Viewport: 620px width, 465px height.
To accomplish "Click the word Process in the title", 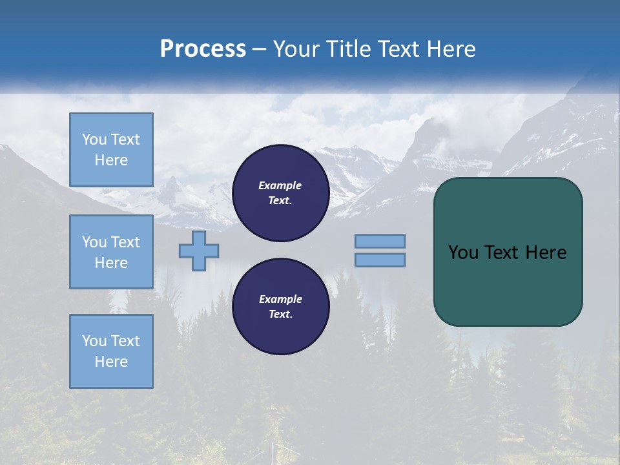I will (203, 49).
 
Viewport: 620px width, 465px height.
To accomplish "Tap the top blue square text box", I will (111, 150).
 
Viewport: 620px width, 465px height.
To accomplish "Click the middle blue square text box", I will (111, 252).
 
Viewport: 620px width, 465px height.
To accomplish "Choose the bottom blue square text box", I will (111, 351).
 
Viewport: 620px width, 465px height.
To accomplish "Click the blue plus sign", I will (199, 251).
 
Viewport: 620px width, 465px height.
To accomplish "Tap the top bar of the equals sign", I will (380, 242).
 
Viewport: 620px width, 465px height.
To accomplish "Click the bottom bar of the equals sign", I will (380, 260).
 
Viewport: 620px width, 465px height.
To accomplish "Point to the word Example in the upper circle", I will (280, 185).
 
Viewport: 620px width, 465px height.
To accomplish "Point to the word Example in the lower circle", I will (280, 299).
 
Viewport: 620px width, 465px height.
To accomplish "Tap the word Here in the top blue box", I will (111, 160).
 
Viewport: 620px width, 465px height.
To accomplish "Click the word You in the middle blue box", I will (93, 242).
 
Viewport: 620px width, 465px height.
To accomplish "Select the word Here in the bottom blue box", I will (111, 362).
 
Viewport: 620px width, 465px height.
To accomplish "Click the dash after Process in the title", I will (260, 50).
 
